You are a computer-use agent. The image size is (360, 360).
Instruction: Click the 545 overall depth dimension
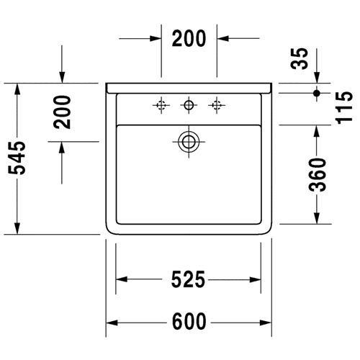point(17,158)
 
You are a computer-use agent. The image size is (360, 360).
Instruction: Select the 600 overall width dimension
point(189,321)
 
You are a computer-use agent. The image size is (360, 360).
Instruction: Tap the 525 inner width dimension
point(188,279)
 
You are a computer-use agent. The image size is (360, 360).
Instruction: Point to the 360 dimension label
point(318,175)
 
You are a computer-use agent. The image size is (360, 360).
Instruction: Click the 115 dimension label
point(345,108)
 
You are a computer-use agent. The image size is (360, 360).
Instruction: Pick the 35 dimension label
point(299,59)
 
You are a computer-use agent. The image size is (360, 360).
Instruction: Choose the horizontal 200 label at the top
point(189,38)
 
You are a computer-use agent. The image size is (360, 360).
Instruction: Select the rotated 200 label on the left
point(62,112)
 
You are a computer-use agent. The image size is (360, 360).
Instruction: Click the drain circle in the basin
point(189,142)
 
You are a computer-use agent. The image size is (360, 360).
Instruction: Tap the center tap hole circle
point(189,105)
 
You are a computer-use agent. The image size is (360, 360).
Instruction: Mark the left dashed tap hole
point(161,105)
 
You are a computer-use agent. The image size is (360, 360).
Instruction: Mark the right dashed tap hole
point(217,105)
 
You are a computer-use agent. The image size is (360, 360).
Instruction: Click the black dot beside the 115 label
point(317,93)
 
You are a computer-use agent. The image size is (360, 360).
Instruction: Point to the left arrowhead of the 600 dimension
point(112,323)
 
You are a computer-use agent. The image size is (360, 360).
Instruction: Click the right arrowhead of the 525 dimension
point(255,279)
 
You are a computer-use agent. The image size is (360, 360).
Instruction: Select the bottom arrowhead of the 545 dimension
point(17,228)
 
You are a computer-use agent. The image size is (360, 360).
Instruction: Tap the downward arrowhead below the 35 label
point(317,77)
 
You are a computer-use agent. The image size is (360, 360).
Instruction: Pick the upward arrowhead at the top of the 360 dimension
point(317,131)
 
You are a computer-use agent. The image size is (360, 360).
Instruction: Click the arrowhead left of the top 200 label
point(156,38)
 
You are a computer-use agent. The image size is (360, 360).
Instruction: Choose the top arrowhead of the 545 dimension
point(17,89)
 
